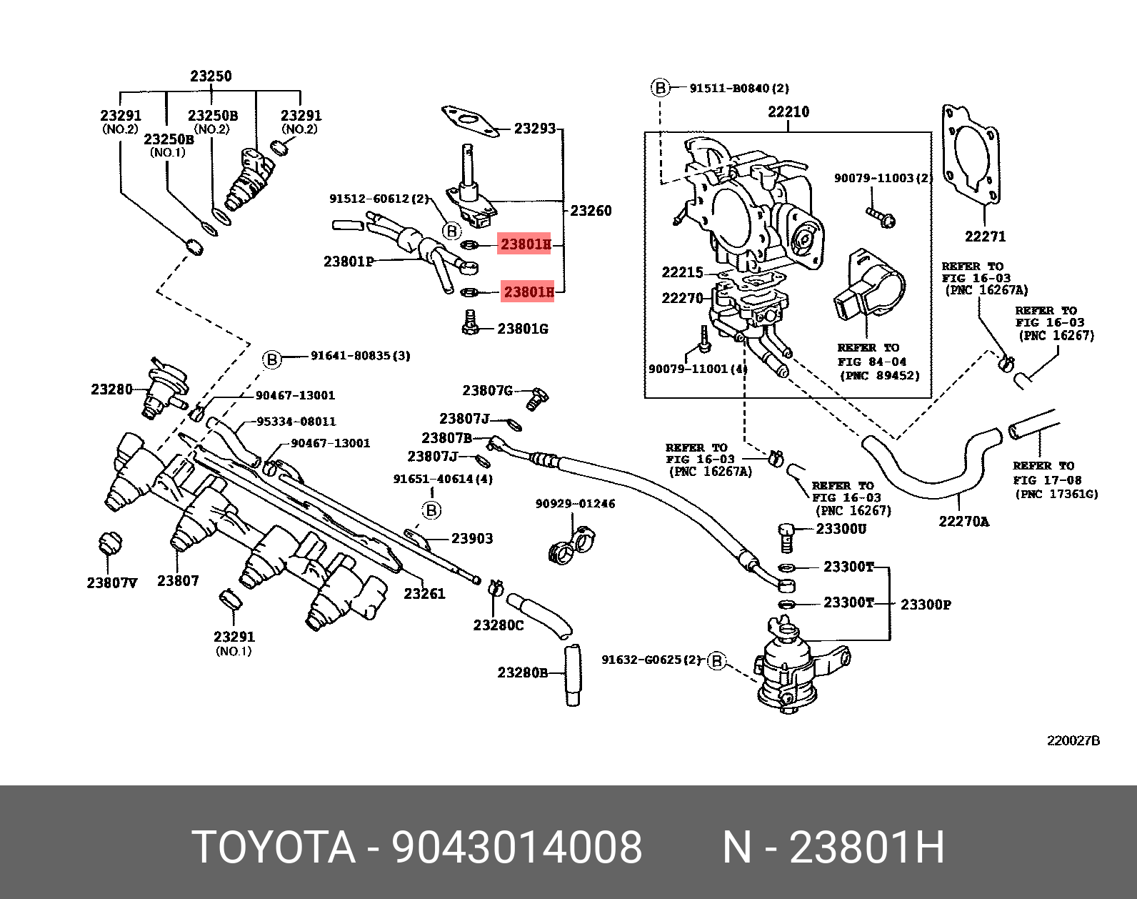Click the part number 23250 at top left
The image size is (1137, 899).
tap(211, 76)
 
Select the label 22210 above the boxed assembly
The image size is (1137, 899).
tap(788, 112)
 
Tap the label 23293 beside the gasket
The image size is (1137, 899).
tap(535, 129)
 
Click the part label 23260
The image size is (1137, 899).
tap(591, 211)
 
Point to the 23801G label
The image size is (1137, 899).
tap(523, 329)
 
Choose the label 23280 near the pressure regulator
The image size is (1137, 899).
tap(111, 389)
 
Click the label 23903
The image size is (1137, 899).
tap(471, 539)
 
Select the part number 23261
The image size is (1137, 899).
tap(424, 593)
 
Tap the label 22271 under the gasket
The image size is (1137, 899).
tap(985, 237)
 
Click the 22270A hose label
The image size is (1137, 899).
tap(963, 522)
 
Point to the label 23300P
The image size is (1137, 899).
tap(926, 605)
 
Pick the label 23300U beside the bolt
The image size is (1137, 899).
tap(841, 530)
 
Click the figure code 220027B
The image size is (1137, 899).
tap(1073, 741)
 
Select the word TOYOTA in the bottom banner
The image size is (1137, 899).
tap(274, 848)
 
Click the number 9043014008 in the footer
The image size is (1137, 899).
tap(516, 848)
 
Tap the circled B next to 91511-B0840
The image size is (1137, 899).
tap(661, 88)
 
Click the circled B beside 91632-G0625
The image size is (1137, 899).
tap(716, 661)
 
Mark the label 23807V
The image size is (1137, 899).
tap(111, 583)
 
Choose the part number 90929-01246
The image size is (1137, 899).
tap(575, 504)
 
